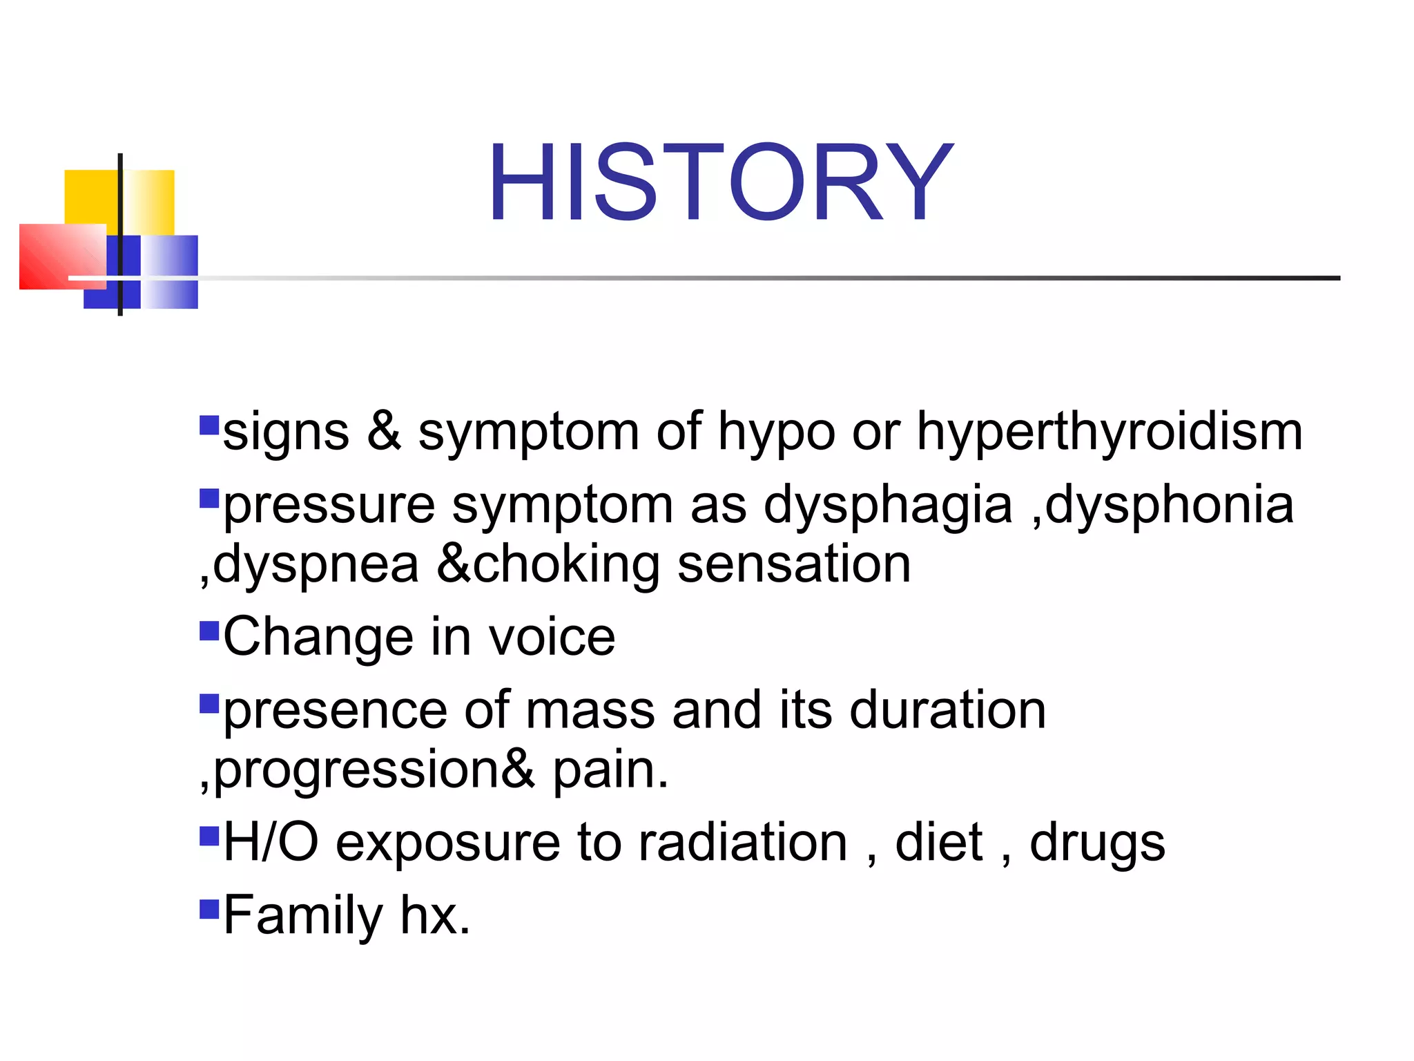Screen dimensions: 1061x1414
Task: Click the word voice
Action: tap(552, 637)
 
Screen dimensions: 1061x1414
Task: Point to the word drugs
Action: tap(1097, 844)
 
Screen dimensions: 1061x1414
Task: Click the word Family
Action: tap(303, 916)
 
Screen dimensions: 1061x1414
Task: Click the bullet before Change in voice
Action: tap(209, 631)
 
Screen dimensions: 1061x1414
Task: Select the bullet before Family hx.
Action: tap(209, 909)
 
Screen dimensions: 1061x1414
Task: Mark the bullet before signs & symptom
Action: tap(209, 425)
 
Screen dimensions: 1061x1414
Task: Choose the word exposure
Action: tap(447, 844)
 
